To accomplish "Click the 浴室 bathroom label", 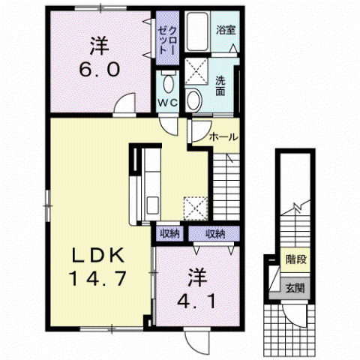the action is (226, 30).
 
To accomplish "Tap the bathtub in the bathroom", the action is (197, 31).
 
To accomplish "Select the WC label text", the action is (168, 103).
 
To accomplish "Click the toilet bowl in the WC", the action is (169, 83).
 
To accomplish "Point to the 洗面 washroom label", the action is (220, 86).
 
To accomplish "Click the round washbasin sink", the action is (193, 100).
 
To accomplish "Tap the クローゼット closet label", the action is (168, 40).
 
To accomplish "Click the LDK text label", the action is (98, 255).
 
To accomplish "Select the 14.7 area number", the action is (97, 278).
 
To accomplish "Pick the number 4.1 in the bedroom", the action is (196, 301).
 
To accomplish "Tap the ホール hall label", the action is (223, 137).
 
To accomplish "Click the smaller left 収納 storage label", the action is (170, 234).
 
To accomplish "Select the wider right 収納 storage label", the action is (215, 234).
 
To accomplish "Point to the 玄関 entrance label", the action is (295, 288).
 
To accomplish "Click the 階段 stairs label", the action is (296, 259).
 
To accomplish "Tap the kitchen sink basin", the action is (152, 205).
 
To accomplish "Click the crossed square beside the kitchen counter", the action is (196, 208).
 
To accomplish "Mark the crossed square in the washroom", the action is (196, 71).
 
